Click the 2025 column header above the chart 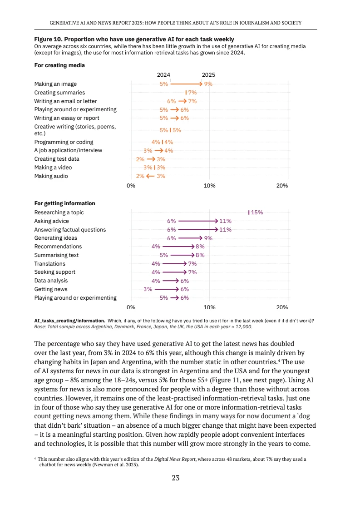209,75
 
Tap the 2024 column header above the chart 163,75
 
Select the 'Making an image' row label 55,84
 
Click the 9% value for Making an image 208,84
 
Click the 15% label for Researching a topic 257,212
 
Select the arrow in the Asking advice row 198,221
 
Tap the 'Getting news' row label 51,289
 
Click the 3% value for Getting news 148,289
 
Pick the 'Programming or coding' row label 64,142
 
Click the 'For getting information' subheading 64,203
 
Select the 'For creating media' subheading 59,65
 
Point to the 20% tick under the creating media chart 282,186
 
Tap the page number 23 176,478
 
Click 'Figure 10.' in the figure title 48,40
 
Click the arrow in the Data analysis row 171,281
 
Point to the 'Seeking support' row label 55,272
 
